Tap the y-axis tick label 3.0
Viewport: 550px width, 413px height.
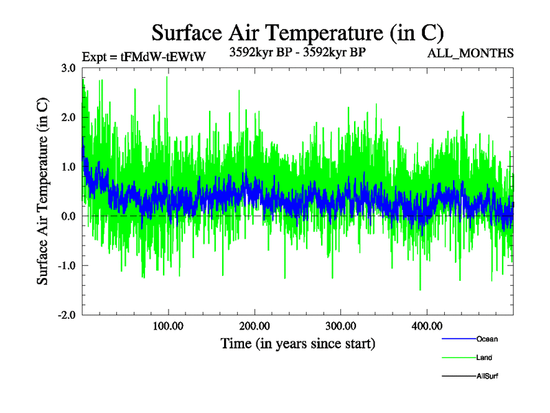coord(68,68)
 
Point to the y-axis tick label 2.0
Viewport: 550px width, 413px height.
coord(68,118)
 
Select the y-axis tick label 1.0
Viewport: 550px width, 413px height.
coord(68,167)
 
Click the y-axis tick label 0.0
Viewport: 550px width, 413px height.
coord(68,216)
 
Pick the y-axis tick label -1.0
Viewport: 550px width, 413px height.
coord(67,266)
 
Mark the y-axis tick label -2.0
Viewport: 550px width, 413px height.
coord(67,315)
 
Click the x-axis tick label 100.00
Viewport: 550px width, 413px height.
coord(168,326)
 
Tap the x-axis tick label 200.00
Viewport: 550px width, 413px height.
coord(254,326)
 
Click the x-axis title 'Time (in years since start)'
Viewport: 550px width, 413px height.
coord(298,343)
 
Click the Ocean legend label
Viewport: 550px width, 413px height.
coord(487,339)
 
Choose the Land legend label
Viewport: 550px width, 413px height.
coord(484,358)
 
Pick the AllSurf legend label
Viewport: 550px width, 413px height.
coord(487,377)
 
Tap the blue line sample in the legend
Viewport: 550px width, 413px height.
coord(458,339)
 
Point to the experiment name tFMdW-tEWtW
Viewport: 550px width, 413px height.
coord(163,57)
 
